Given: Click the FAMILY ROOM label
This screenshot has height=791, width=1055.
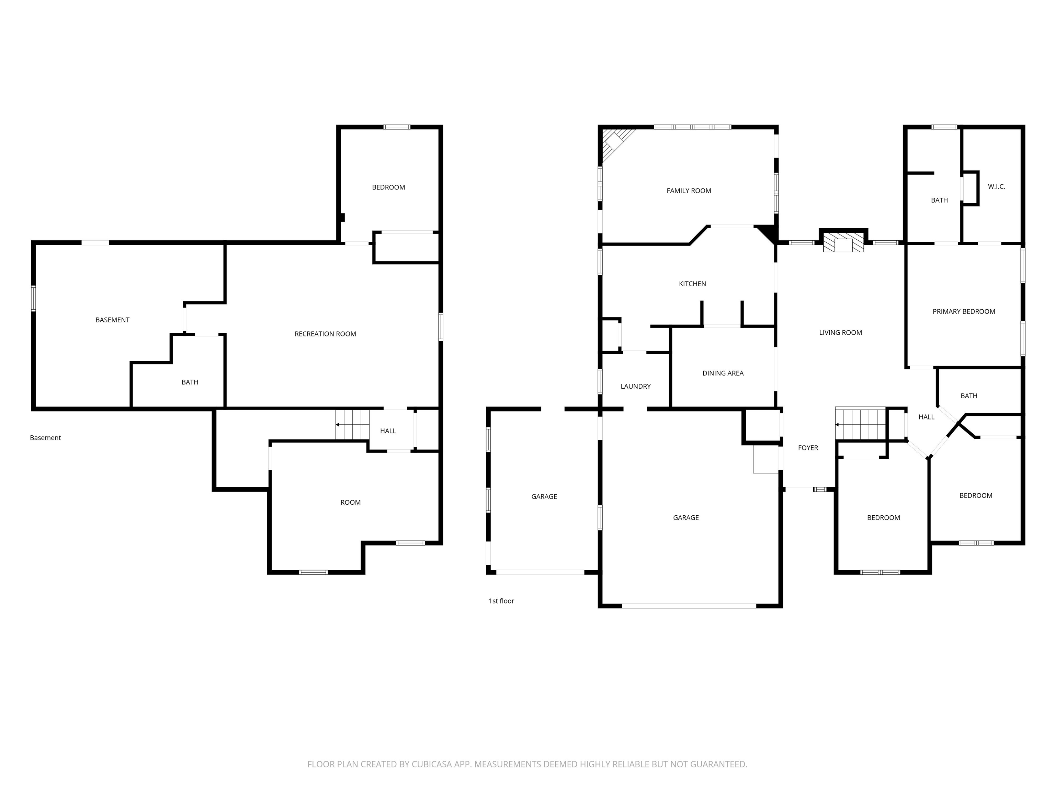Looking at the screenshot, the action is click(x=689, y=191).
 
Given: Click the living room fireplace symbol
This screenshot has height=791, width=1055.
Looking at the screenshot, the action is click(x=843, y=243).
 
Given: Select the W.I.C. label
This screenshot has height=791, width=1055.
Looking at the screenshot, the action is click(x=996, y=186).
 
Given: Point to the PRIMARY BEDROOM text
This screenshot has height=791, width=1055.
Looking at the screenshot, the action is click(x=964, y=311).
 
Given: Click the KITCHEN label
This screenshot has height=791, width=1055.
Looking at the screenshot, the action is click(x=693, y=284).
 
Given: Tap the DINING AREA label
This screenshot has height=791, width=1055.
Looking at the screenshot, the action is click(x=723, y=373).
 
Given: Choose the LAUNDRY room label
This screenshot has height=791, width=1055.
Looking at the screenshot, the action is click(x=635, y=386).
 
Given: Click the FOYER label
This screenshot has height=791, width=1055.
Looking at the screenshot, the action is click(x=808, y=448).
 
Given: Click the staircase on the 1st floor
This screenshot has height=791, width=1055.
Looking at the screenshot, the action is click(x=860, y=424).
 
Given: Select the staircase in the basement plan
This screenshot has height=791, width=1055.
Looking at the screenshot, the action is click(x=352, y=424).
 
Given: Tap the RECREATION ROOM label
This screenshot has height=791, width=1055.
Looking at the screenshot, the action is click(x=325, y=334).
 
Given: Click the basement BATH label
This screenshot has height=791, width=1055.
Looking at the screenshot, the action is click(x=190, y=382).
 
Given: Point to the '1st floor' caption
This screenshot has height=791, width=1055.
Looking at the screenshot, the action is click(x=501, y=601).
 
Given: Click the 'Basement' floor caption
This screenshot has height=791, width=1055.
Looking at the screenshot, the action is click(x=45, y=438).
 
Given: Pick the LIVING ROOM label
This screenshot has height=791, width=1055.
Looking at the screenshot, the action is click(x=840, y=332).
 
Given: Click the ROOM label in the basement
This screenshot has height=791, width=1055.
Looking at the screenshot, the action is click(x=351, y=502).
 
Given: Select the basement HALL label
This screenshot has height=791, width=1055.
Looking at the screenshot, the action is click(x=388, y=431).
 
